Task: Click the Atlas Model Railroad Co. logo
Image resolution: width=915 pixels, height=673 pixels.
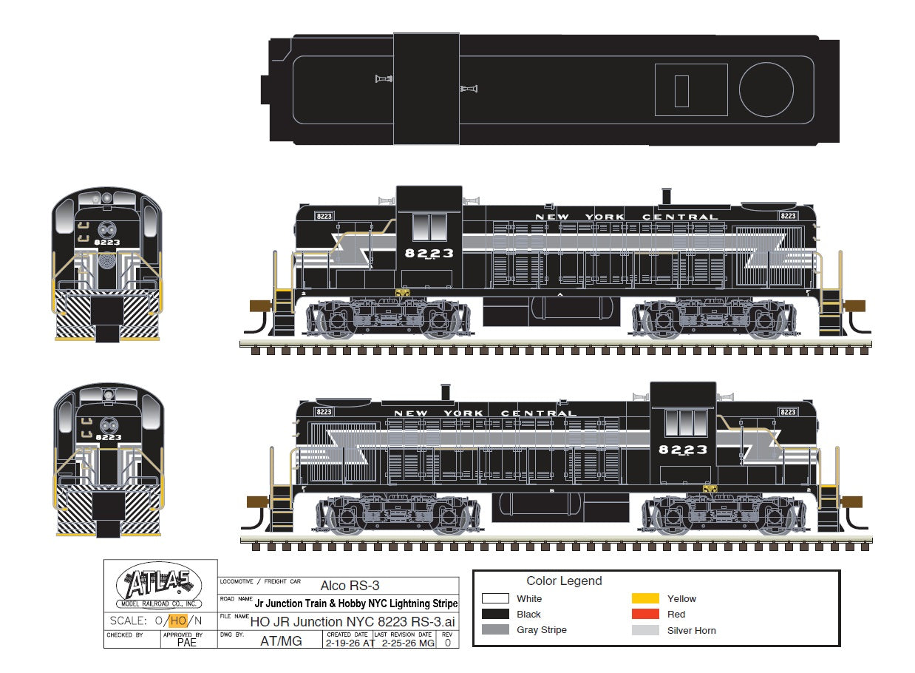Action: click(x=160, y=586)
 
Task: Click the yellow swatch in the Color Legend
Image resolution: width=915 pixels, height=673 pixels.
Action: click(x=645, y=598)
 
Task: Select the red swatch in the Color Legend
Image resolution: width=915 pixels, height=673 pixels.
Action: click(x=645, y=614)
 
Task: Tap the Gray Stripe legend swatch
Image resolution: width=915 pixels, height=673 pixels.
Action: click(x=495, y=630)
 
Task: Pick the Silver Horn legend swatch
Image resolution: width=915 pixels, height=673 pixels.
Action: click(x=645, y=630)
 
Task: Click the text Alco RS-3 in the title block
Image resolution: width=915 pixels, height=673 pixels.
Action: click(x=350, y=586)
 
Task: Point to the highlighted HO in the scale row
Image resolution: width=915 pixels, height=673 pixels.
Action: click(x=177, y=621)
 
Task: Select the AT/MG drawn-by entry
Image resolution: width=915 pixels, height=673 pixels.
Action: click(x=281, y=641)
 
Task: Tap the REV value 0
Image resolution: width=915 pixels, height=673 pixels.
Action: click(x=447, y=642)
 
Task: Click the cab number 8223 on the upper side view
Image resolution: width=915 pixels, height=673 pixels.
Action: click(x=429, y=253)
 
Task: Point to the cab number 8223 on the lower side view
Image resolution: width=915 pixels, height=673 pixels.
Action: click(x=682, y=450)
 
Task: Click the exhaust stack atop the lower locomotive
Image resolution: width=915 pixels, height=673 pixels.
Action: click(x=445, y=393)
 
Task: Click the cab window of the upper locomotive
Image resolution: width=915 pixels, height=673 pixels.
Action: click(x=429, y=228)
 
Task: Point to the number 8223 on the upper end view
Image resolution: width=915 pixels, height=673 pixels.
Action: click(x=108, y=242)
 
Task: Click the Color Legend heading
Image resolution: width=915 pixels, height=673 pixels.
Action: click(x=564, y=581)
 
